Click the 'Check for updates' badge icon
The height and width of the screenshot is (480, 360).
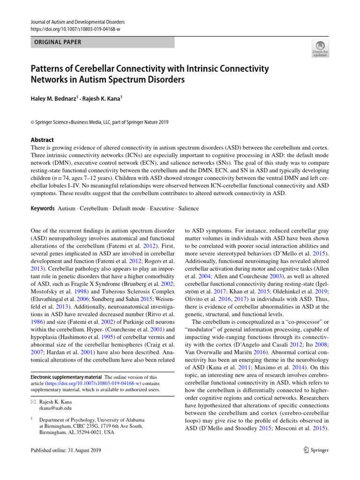point(320,48)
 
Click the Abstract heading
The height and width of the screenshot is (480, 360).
point(42,140)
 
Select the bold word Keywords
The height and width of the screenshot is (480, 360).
point(41,208)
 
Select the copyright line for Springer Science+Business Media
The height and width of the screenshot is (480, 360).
point(100,122)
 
